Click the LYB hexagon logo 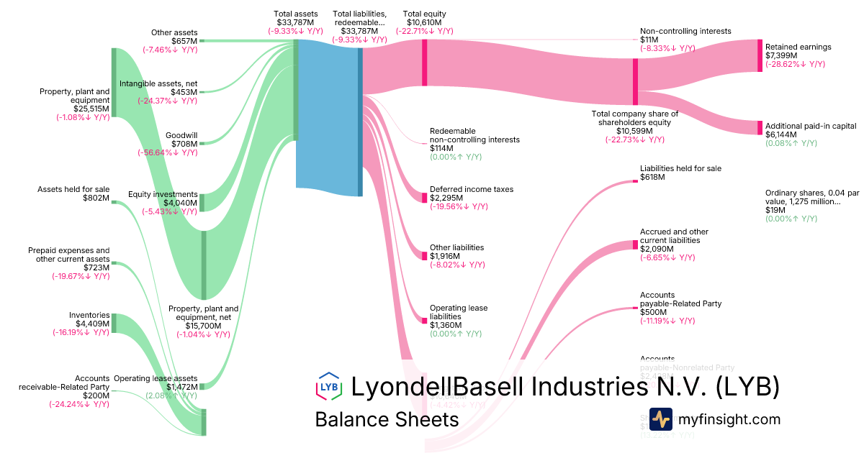[x=328, y=386]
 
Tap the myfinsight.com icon [x=660, y=419]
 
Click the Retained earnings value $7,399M [x=778, y=55]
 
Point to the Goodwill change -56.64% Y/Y [x=167, y=152]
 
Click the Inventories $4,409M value [x=94, y=324]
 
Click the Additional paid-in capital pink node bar [x=759, y=127]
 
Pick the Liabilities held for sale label [x=680, y=168]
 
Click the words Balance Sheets [x=387, y=420]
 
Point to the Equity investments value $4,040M [x=180, y=203]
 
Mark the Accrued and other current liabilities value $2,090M [x=657, y=249]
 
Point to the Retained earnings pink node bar [x=759, y=55]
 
